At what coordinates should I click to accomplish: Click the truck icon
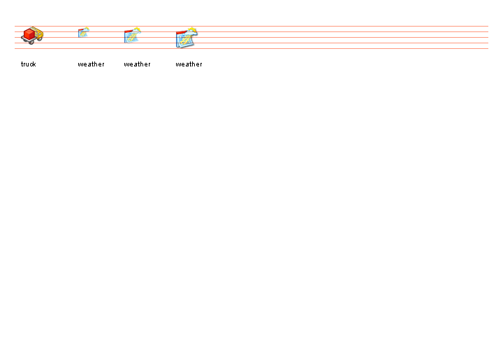point(32,36)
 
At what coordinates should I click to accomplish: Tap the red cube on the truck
point(29,34)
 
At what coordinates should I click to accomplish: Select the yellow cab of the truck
point(38,33)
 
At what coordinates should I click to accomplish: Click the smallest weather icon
point(84,33)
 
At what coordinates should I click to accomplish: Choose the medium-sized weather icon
point(133,35)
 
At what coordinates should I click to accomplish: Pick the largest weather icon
point(187,38)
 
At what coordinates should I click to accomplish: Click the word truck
point(28,64)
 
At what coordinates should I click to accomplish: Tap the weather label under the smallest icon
point(91,64)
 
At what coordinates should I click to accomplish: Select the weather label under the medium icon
point(138,64)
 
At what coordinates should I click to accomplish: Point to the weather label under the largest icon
point(189,64)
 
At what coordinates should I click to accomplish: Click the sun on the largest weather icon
point(193,31)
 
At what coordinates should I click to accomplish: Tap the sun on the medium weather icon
point(138,30)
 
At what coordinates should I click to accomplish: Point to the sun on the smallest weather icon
point(87,29)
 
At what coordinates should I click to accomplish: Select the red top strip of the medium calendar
point(129,31)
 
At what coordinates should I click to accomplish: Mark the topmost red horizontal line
point(251,26)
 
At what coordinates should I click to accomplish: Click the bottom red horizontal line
point(251,48)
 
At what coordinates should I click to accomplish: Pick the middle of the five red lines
point(251,37)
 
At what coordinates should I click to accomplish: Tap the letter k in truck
point(34,64)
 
